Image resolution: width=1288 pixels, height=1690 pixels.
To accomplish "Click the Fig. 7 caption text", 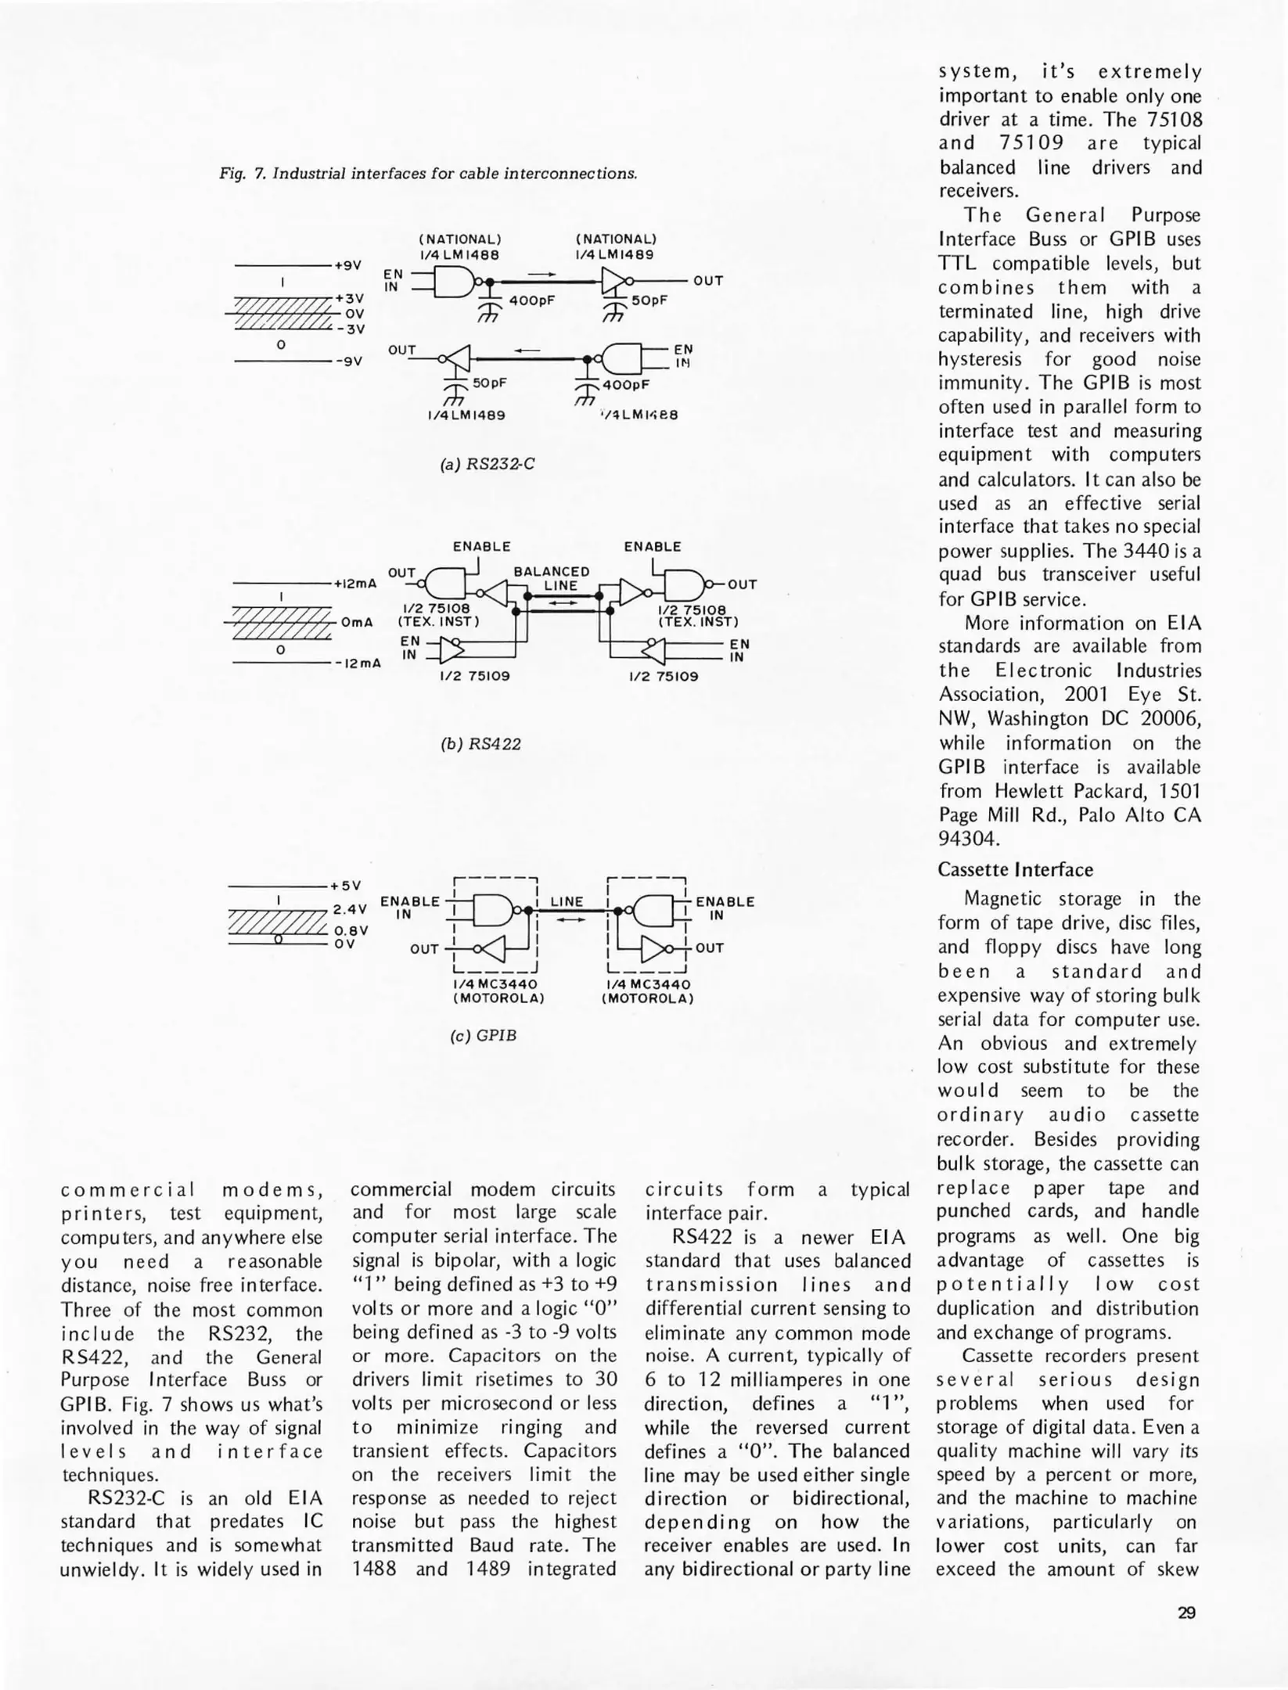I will (x=428, y=174).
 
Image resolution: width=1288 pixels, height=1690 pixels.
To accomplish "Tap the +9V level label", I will (x=348, y=265).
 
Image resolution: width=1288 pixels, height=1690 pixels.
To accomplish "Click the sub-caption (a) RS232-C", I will (x=487, y=464).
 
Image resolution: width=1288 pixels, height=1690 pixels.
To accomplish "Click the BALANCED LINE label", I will (x=551, y=578).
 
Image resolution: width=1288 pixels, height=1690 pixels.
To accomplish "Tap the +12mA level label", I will (x=355, y=584).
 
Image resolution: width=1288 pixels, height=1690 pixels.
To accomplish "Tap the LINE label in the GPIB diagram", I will (x=567, y=901).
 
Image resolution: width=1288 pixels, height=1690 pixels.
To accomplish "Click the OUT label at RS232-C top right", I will (x=708, y=280).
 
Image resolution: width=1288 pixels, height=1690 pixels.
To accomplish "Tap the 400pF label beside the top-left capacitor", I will (x=531, y=300).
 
